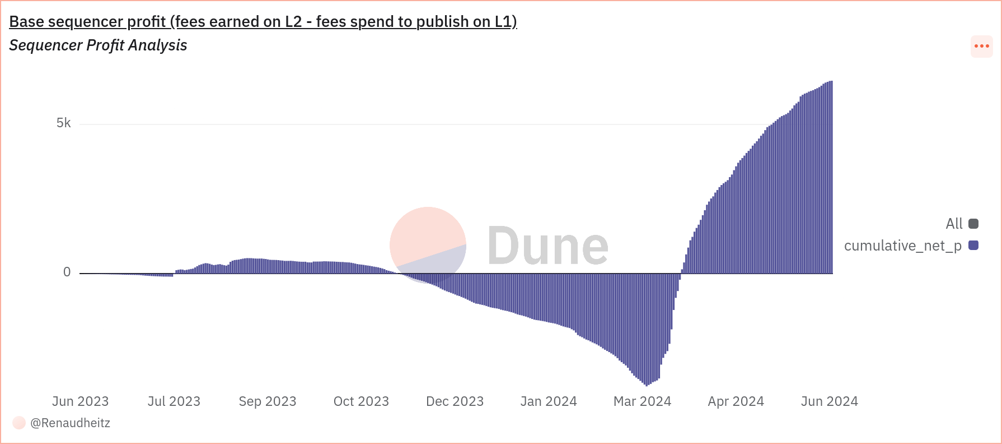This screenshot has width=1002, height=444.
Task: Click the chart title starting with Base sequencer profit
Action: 263,21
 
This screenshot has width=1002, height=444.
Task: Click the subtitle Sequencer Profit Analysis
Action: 98,45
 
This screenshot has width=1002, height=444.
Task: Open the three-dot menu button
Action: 981,46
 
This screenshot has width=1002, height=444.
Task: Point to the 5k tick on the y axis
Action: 64,123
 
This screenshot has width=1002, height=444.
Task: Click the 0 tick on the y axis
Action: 67,272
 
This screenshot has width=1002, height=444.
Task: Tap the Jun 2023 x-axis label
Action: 80,401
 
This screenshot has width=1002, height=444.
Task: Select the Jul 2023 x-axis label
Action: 174,401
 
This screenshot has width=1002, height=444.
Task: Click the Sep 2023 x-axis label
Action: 268,401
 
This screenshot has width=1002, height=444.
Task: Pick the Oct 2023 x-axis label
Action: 361,401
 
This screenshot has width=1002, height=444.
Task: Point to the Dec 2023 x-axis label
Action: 455,401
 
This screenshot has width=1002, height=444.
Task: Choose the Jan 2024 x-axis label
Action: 549,401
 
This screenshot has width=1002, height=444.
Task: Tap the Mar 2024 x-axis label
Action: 642,401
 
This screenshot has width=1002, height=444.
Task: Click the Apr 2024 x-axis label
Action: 736,401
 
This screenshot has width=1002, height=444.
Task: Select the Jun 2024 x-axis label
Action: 829,401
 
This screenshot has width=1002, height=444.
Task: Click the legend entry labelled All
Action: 961,224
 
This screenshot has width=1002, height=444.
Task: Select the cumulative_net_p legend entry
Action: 910,246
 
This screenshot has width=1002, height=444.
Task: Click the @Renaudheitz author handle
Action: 71,423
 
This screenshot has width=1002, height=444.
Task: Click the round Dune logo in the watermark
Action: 428,245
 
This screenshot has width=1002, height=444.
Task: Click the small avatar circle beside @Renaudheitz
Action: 19,423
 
